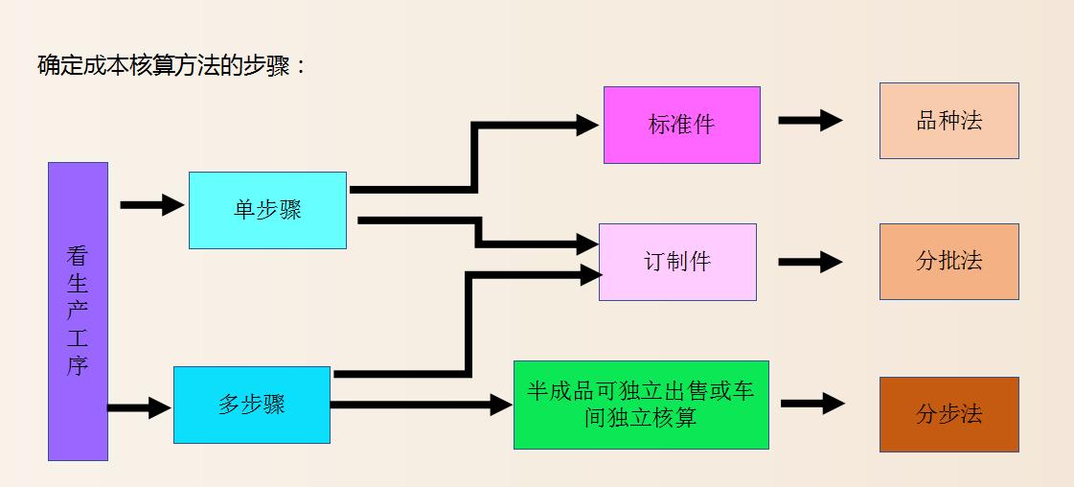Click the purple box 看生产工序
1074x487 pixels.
point(78,311)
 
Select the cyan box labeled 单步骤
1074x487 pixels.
point(267,210)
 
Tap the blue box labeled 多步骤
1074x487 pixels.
point(252,405)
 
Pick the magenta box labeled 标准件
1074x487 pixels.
point(681,125)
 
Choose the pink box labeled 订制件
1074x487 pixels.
point(677,262)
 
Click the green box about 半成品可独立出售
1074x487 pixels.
point(641,405)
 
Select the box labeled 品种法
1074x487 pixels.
point(948,121)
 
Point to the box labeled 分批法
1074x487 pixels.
point(948,261)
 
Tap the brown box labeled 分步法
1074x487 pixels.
point(948,414)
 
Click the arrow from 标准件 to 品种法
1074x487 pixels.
point(810,121)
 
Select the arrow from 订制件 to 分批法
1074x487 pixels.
point(810,262)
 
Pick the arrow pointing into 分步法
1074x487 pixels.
point(811,404)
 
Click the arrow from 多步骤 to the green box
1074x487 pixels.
point(422,406)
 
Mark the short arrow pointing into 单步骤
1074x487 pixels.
point(151,204)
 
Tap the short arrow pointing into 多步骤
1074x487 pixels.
point(139,408)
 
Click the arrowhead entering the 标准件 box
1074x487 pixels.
point(587,124)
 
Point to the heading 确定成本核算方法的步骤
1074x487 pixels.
point(171,66)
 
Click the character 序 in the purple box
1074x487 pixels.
point(78,365)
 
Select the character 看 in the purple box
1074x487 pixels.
point(78,256)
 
